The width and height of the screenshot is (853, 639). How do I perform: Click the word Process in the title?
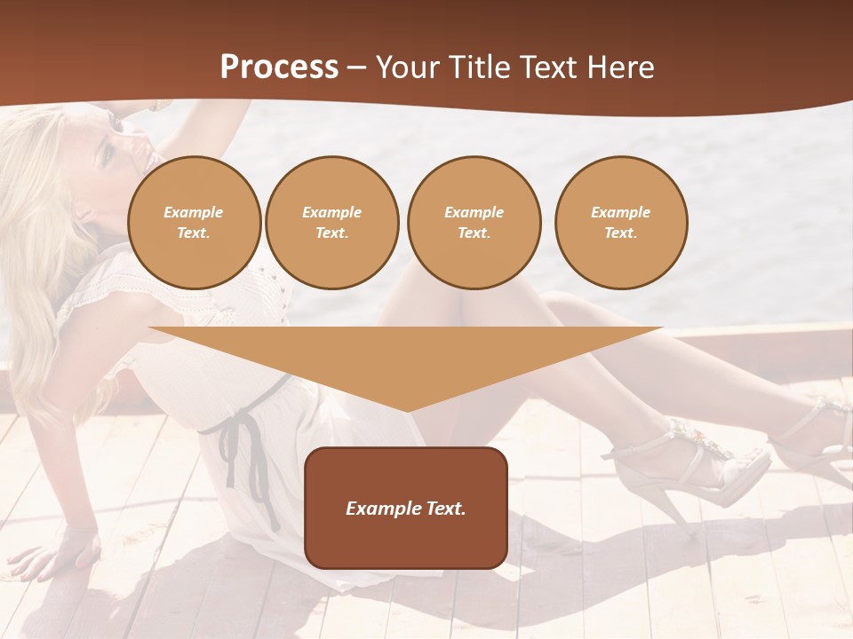coord(279,67)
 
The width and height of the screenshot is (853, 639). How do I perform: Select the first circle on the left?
coord(194,223)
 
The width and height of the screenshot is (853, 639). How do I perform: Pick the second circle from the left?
coord(331,223)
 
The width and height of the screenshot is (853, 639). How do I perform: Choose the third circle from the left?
coord(474,223)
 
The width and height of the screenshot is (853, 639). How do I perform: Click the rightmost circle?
coord(620,223)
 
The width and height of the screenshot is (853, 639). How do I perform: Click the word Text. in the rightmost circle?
coord(620,233)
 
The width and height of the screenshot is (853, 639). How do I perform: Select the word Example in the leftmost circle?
coord(194,212)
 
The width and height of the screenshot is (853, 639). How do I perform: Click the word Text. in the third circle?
coord(474,233)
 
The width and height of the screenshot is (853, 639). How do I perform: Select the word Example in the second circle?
coord(331,212)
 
